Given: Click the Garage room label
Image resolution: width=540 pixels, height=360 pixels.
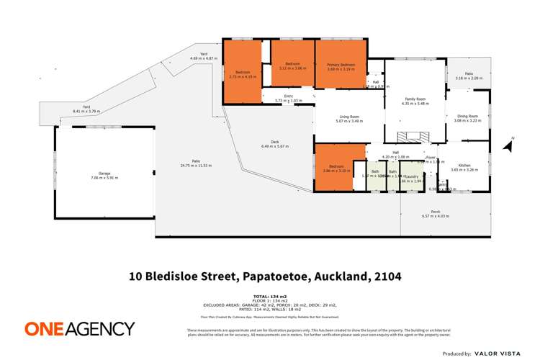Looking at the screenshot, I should (x=105, y=174).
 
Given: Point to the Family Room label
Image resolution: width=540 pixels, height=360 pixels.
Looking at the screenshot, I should (x=415, y=99).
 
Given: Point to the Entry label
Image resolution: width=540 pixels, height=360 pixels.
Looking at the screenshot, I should (x=289, y=96).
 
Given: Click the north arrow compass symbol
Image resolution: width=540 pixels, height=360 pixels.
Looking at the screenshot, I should (x=510, y=146).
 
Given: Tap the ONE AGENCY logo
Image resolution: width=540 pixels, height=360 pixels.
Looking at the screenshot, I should (x=79, y=328).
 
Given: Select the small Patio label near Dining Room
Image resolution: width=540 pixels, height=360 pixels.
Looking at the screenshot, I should (x=468, y=73).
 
